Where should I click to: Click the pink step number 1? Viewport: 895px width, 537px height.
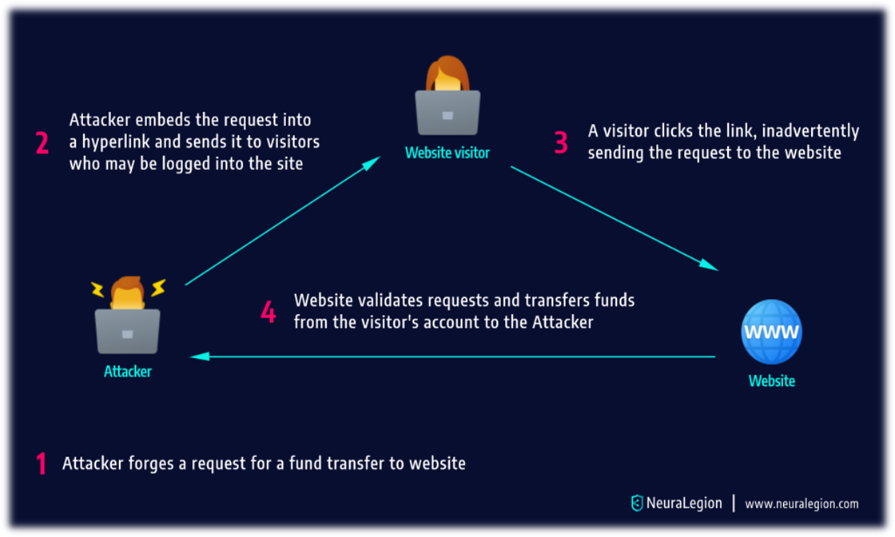pyautogui.click(x=41, y=463)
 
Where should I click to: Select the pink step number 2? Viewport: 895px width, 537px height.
pyautogui.click(x=43, y=143)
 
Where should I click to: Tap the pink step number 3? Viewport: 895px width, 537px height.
pyautogui.click(x=561, y=142)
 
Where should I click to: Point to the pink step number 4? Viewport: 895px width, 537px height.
pyautogui.click(x=268, y=312)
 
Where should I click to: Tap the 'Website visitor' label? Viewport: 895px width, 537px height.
pyautogui.click(x=447, y=153)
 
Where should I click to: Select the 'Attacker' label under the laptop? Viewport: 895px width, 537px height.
pyautogui.click(x=128, y=371)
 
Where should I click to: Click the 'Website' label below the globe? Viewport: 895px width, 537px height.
pyautogui.click(x=771, y=381)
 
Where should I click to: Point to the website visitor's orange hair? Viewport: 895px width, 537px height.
pyautogui.click(x=447, y=72)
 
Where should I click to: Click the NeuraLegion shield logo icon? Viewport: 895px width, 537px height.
pyautogui.click(x=637, y=503)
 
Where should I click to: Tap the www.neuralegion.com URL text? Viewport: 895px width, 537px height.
pyautogui.click(x=802, y=504)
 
